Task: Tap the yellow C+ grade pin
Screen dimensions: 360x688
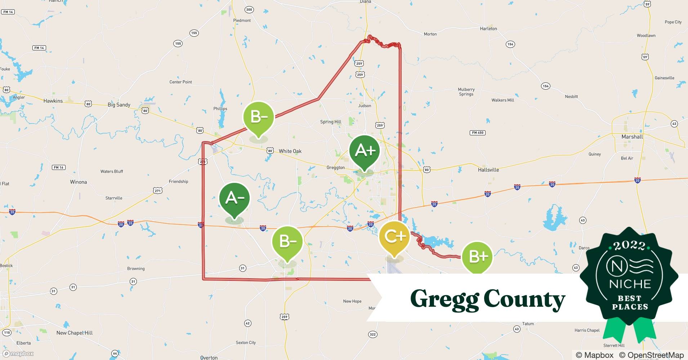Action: click(394, 237)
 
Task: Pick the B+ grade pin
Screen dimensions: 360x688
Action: click(477, 257)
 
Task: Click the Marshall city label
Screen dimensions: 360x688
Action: click(632, 137)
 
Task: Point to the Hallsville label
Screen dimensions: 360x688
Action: click(488, 170)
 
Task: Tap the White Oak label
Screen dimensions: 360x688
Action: click(290, 151)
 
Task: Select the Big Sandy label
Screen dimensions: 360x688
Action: click(119, 105)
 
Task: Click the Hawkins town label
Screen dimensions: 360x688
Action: click(53, 101)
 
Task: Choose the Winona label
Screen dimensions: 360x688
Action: click(78, 182)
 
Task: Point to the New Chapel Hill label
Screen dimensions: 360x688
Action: click(74, 333)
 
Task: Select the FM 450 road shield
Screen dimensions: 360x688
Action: click(478, 132)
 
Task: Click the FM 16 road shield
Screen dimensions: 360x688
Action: click(58, 167)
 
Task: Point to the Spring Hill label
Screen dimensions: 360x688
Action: click(331, 122)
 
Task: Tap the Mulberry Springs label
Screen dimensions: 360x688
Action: click(466, 92)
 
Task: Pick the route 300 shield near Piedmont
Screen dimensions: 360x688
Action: click(249, 10)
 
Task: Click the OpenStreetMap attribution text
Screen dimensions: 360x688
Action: click(651, 355)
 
